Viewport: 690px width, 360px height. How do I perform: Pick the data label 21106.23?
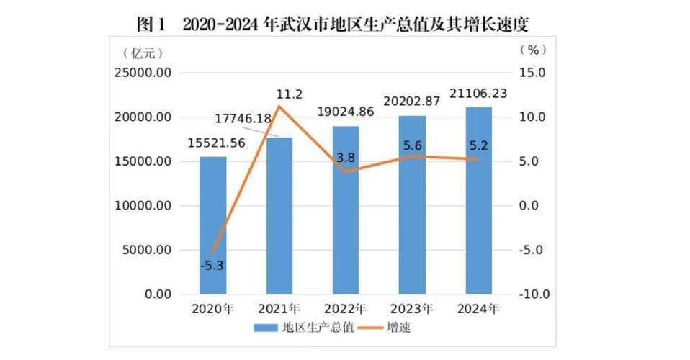click(480, 94)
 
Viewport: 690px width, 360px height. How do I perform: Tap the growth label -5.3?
click(212, 265)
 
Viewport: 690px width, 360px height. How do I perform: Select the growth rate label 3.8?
click(346, 158)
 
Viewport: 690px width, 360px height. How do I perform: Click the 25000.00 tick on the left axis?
click(144, 73)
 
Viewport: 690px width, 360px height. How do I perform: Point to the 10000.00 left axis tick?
click(144, 206)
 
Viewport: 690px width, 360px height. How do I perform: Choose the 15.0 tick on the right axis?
click(534, 73)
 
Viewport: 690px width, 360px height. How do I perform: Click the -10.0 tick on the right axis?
click(533, 294)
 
